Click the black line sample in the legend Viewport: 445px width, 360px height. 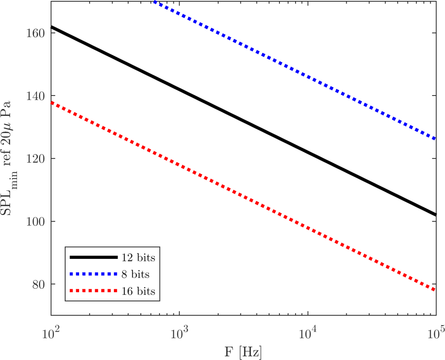94,258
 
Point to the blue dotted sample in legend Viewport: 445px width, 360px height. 94,274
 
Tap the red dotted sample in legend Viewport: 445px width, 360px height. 94,291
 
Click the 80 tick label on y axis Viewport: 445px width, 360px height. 41,284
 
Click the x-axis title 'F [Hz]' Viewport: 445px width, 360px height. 243,350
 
